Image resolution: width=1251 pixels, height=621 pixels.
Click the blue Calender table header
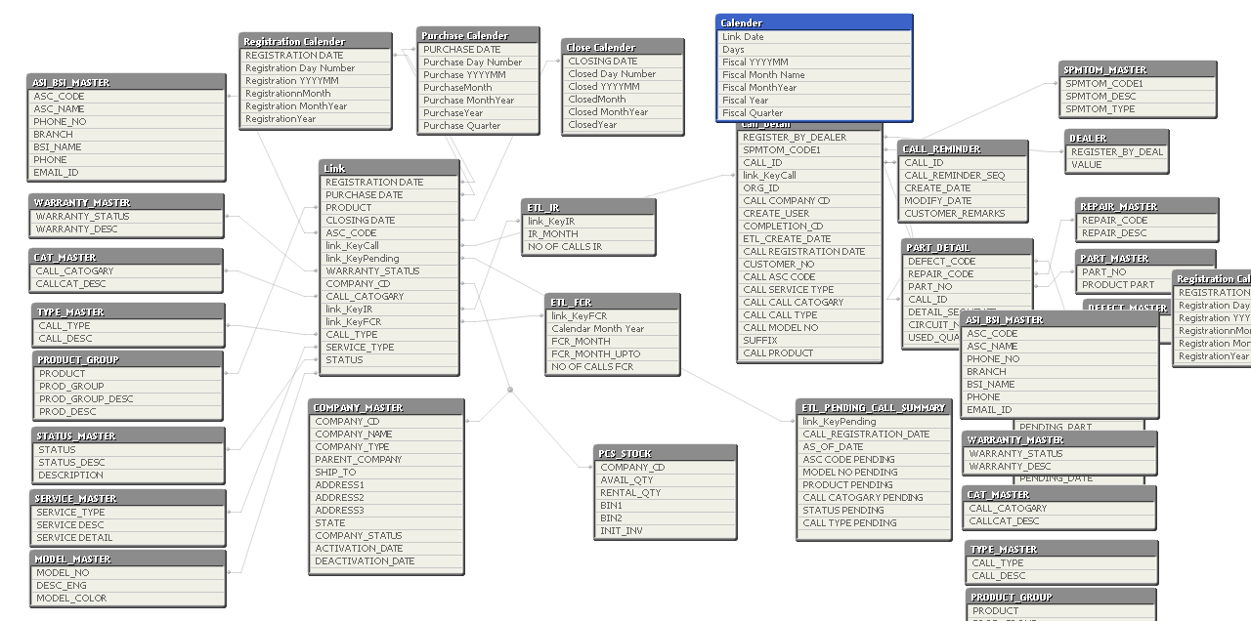pos(813,22)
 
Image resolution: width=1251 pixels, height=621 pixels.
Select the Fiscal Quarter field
pos(752,113)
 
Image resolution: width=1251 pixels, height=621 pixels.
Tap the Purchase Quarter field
pos(461,126)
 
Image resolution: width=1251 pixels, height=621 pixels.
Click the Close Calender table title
pos(602,47)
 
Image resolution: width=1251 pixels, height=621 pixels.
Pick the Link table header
pos(388,168)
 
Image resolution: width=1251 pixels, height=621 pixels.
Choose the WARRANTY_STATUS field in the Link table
pos(372,271)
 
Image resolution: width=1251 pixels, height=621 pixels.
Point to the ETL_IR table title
pos(544,208)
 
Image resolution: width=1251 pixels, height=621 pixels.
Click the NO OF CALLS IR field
pos(565,247)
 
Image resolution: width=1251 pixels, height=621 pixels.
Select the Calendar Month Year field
pos(597,329)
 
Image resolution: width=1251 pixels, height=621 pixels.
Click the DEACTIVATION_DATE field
pos(365,561)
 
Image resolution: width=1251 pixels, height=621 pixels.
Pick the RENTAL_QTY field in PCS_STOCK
pos(630,493)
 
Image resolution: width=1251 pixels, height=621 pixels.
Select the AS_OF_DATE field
pos(833,447)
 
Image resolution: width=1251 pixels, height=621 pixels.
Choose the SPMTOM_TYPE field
pos(1100,109)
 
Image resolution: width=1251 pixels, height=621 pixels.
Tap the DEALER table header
pos(1089,139)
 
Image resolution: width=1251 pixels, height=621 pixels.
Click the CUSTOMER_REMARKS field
pos(954,214)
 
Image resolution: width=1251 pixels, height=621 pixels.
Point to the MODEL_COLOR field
pos(71,599)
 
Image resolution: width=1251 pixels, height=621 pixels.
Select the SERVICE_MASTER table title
pos(76,499)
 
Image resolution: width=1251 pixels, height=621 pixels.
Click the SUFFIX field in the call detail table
pos(760,341)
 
